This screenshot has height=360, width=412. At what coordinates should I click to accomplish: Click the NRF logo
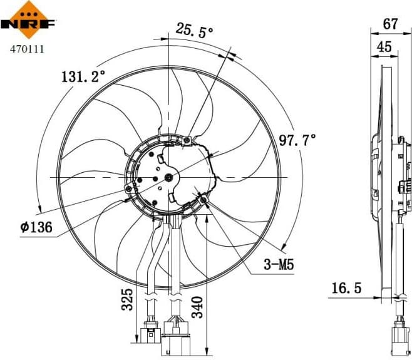click(29, 20)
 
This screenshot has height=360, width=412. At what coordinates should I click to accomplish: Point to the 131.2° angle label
click(83, 77)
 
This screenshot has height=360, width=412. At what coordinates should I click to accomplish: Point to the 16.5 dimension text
click(346, 288)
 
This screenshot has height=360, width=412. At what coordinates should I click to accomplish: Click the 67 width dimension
click(390, 24)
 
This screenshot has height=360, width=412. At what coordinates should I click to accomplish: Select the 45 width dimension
click(384, 46)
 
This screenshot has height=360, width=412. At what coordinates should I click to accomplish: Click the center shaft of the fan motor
click(168, 178)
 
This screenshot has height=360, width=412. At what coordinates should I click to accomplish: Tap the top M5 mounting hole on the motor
click(187, 140)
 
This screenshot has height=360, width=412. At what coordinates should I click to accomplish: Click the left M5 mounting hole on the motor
click(129, 189)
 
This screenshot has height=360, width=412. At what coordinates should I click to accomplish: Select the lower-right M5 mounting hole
click(204, 200)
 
